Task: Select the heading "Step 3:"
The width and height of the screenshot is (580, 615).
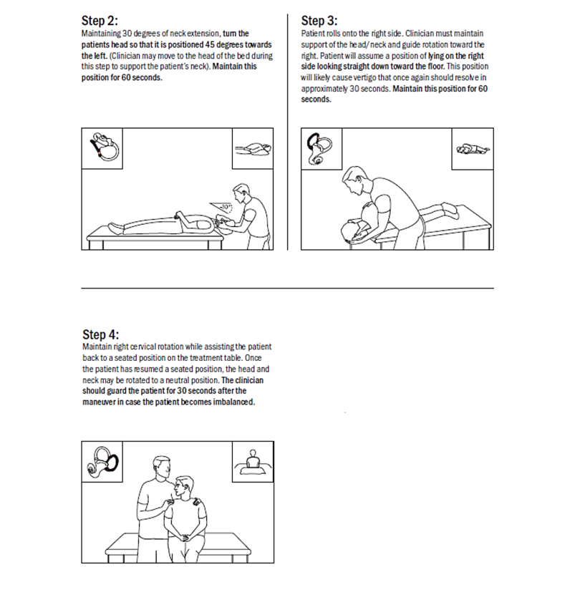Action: tap(319, 20)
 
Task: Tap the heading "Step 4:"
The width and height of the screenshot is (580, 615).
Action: tap(101, 334)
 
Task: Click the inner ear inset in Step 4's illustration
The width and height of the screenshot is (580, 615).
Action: tap(102, 463)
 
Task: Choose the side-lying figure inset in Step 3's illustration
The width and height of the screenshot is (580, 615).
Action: tap(473, 149)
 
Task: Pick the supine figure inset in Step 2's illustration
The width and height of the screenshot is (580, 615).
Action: tap(253, 149)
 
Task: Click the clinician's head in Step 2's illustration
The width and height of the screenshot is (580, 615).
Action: tap(241, 192)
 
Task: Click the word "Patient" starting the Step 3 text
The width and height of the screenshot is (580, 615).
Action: tap(311, 33)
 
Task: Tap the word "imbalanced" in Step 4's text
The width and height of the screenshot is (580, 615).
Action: tap(233, 402)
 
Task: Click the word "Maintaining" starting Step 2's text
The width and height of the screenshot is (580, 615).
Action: tap(101, 34)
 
